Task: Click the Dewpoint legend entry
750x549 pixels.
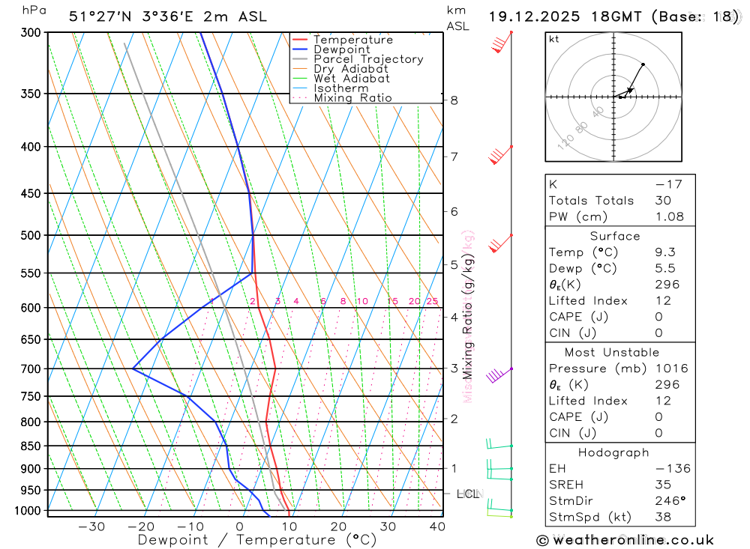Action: (341, 49)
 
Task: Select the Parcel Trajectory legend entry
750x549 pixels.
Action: (368, 59)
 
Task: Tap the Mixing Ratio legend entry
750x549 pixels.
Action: (352, 98)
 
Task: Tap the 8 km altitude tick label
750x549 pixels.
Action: (454, 100)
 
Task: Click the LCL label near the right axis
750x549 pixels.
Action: (468, 494)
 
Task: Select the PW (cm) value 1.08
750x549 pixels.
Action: (669, 216)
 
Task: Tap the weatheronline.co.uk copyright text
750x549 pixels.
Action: (625, 540)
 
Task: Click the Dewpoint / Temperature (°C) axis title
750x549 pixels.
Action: (257, 540)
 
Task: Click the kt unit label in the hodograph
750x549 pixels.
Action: (553, 39)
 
